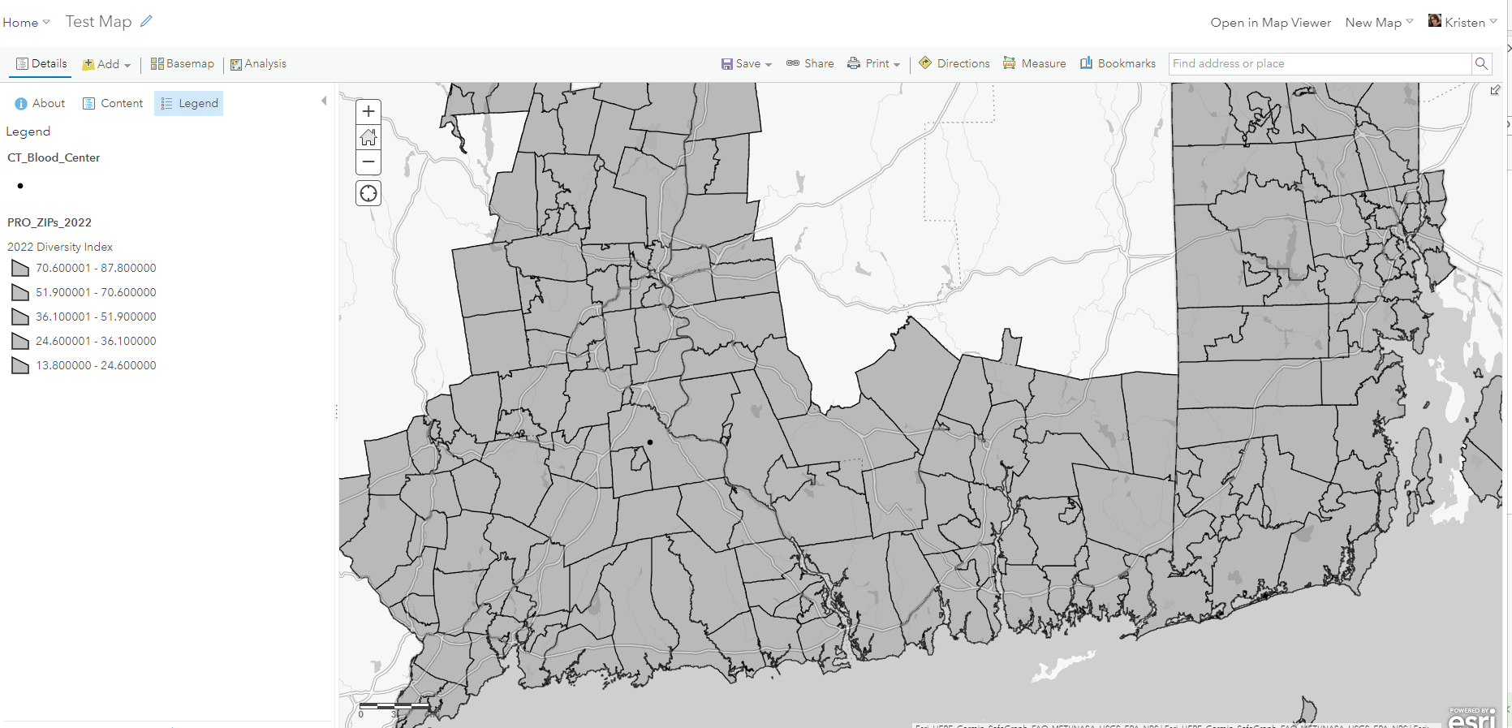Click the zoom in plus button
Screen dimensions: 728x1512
[x=368, y=111]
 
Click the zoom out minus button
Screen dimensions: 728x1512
[x=368, y=162]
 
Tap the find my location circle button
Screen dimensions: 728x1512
[x=368, y=193]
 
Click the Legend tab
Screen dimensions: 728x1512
[x=189, y=103]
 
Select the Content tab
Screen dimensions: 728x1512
[x=113, y=103]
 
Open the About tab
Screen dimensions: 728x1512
[x=40, y=103]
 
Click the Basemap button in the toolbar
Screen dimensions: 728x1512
[x=183, y=63]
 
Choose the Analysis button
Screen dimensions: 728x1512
[x=258, y=63]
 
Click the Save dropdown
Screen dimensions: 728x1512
[x=747, y=63]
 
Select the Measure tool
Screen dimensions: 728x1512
[x=1035, y=63]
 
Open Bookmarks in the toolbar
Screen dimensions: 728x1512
[x=1118, y=63]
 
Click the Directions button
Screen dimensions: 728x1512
[x=954, y=63]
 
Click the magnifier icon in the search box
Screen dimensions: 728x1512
[x=1481, y=63]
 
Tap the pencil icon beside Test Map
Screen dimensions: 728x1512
[x=146, y=21]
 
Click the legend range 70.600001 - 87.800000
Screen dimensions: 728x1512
[x=96, y=268]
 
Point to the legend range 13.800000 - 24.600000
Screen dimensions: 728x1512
[x=96, y=365]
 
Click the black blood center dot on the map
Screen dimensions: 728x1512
[x=650, y=442]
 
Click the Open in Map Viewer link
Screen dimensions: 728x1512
[x=1270, y=23]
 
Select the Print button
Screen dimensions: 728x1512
[x=874, y=63]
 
